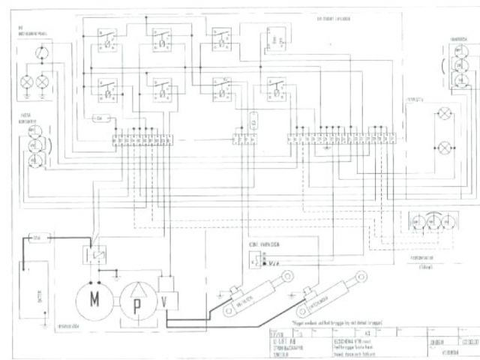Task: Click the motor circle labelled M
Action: click(x=94, y=299)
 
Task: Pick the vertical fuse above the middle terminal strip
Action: click(x=253, y=121)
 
